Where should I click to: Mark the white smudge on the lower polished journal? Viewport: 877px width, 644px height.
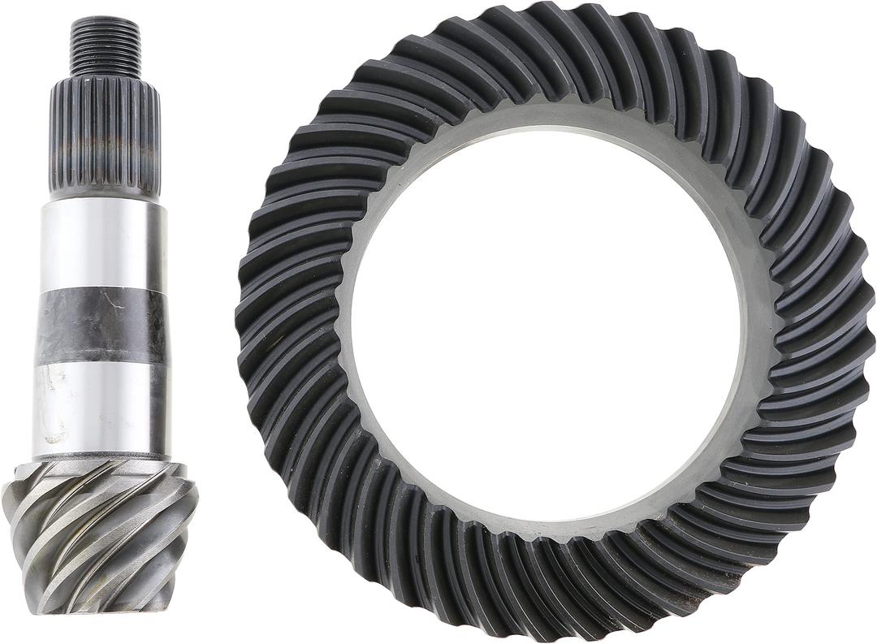(x=55, y=406)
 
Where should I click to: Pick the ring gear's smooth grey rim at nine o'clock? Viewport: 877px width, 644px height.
(x=343, y=325)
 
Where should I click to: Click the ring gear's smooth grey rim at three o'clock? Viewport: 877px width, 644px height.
(x=755, y=325)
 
